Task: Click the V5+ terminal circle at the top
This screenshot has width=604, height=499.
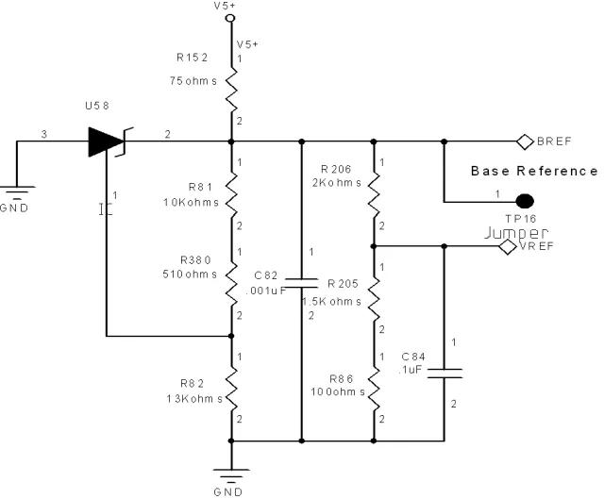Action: point(230,18)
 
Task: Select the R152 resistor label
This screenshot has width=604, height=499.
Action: point(193,58)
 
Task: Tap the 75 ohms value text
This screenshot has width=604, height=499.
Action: point(193,81)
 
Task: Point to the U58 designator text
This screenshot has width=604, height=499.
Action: point(97,106)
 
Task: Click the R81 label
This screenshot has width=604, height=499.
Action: point(200,187)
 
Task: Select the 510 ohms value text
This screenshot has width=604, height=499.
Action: point(190,274)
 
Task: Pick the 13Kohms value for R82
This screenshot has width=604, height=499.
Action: point(194,398)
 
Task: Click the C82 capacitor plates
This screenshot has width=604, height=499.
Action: point(302,283)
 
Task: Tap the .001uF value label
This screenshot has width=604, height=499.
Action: point(266,291)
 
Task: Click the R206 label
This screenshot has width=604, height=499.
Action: point(336,169)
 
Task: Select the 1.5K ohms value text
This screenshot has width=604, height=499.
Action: point(331,302)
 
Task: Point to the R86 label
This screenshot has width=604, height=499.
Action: point(342,379)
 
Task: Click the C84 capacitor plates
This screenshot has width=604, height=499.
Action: point(445,374)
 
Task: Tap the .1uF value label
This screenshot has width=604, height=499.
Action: point(411,370)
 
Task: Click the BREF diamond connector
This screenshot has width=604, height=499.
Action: point(525,141)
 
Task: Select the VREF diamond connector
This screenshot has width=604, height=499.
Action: point(508,246)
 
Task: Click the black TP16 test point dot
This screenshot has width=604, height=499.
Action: point(525,201)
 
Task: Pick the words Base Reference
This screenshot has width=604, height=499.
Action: point(534,171)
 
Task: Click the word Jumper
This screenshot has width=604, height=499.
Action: point(516,233)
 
